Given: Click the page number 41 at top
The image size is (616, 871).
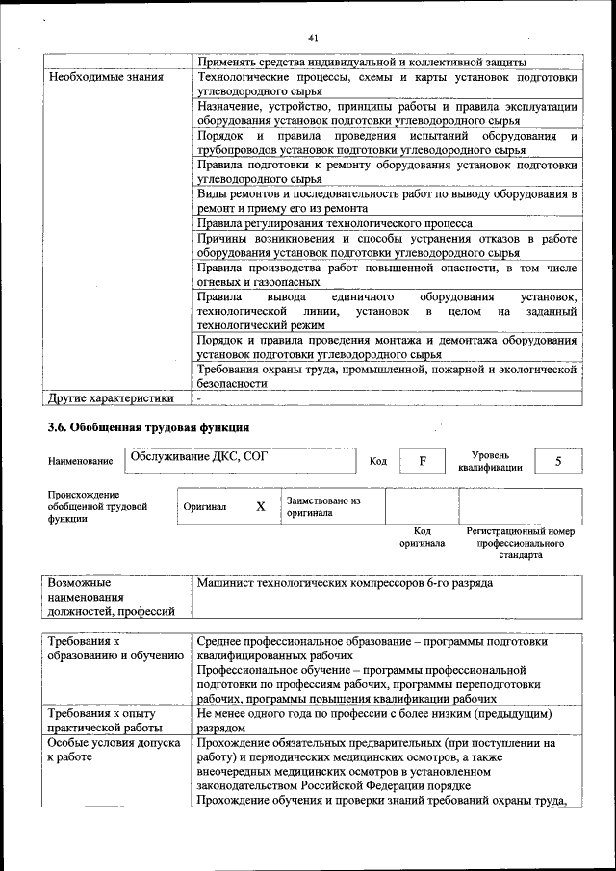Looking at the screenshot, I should [313, 38].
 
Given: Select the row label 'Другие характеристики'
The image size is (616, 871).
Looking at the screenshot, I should [111, 397].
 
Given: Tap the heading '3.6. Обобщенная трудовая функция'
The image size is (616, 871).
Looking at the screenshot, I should [149, 427].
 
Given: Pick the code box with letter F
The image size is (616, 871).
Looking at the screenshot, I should [423, 461].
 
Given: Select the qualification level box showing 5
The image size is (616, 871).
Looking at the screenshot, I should [558, 461].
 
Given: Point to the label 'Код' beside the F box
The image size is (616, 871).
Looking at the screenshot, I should [378, 462].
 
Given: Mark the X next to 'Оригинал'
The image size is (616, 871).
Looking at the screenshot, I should [260, 506].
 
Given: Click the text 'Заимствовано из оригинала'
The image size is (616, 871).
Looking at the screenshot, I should [322, 506].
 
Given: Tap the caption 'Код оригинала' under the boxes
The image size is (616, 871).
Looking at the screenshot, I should [422, 537].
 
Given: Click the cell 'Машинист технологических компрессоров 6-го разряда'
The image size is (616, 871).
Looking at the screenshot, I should [345, 583].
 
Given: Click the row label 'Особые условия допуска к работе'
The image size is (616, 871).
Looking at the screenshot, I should [114, 750].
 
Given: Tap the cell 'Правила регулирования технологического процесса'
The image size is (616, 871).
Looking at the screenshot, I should [334, 222].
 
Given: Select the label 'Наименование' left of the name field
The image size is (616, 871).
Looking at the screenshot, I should [81, 462].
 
